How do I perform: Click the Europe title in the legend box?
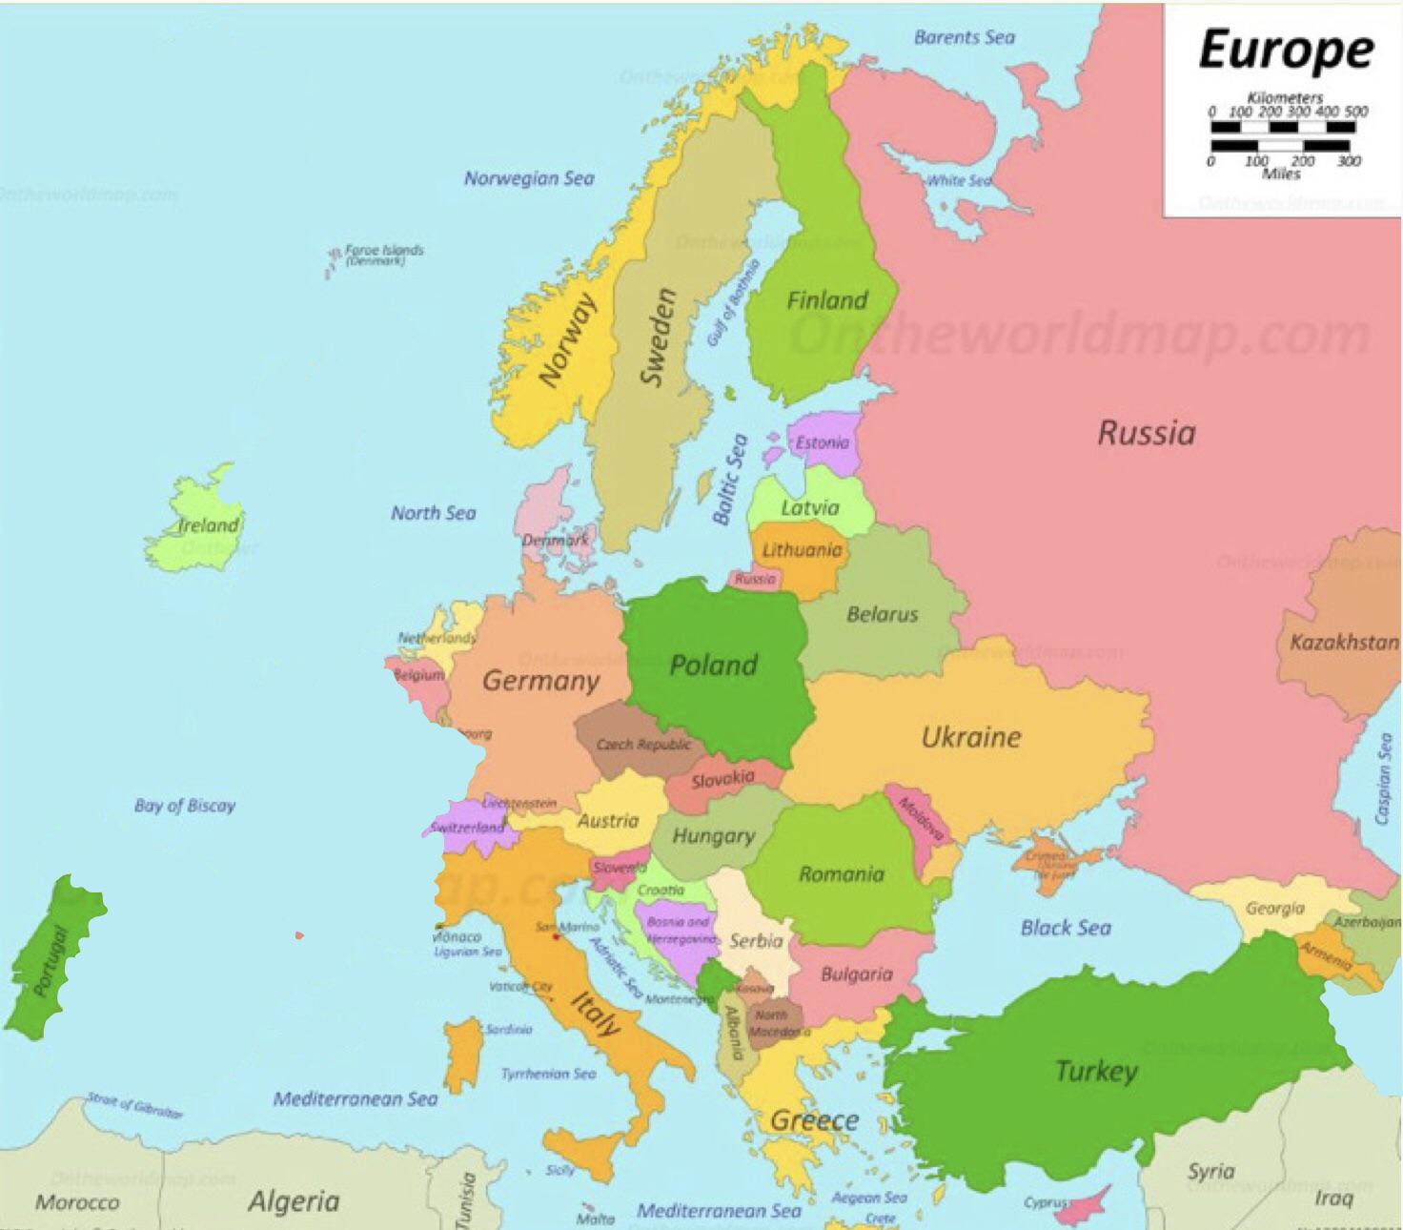(x=1285, y=50)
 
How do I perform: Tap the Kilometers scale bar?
(x=1283, y=126)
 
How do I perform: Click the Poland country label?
(x=713, y=665)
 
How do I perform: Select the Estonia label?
(x=822, y=442)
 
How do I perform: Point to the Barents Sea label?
(x=964, y=37)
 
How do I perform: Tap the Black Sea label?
(x=1066, y=927)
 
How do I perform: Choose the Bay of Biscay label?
(x=185, y=806)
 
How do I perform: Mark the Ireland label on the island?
(x=209, y=525)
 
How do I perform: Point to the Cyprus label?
(x=1045, y=1202)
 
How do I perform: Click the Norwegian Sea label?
(x=529, y=178)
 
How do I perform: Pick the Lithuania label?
(x=802, y=550)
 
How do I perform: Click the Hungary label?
(x=713, y=836)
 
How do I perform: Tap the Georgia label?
(x=1274, y=908)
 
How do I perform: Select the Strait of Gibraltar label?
(x=134, y=1104)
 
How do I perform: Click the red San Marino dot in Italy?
(x=555, y=937)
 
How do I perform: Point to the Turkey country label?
(x=1096, y=1071)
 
